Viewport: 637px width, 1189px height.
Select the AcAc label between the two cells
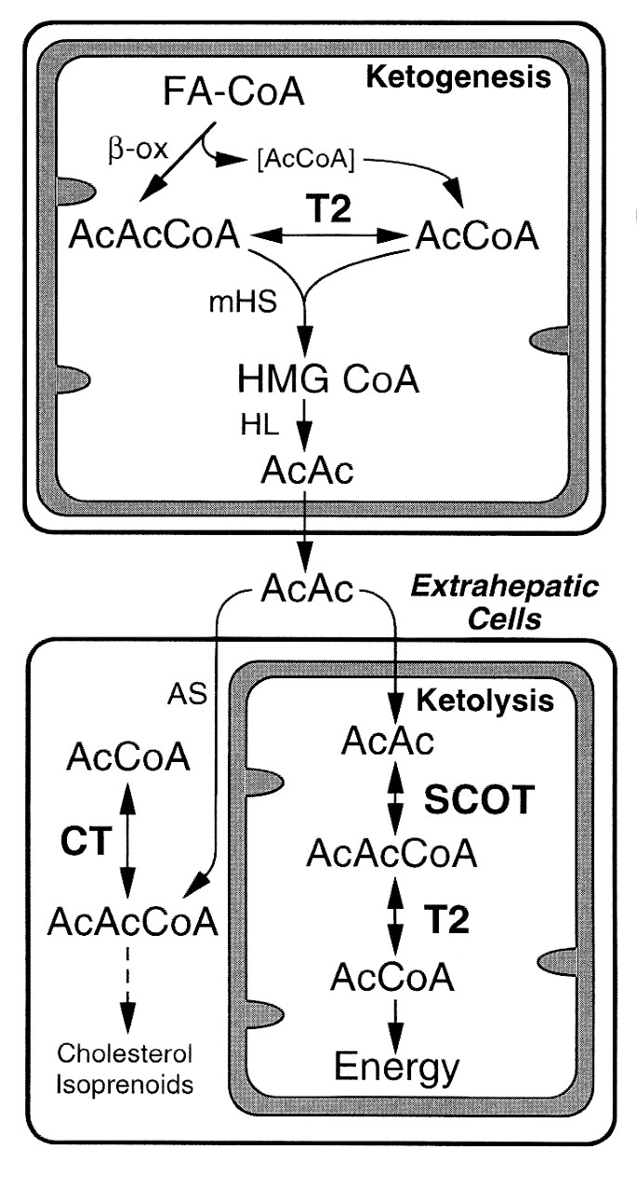304,587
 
